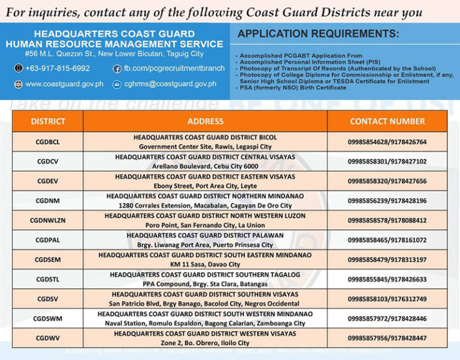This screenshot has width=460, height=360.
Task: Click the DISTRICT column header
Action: pyautogui.click(x=48, y=122)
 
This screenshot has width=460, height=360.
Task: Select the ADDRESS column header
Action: pyautogui.click(x=205, y=122)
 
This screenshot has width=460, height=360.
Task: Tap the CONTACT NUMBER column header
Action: pyautogui.click(x=387, y=122)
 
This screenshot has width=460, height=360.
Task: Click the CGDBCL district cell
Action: pyautogui.click(x=48, y=142)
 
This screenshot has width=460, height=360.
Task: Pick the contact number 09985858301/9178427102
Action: pyautogui.click(x=387, y=161)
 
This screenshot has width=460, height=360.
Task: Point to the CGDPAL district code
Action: pyautogui.click(x=48, y=240)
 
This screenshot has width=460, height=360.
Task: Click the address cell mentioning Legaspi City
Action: pyautogui.click(x=205, y=142)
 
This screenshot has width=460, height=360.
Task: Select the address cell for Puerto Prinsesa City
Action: pyautogui.click(x=205, y=240)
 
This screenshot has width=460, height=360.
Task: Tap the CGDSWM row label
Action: pyautogui.click(x=48, y=318)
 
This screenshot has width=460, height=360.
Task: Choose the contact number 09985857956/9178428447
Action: pyautogui.click(x=387, y=338)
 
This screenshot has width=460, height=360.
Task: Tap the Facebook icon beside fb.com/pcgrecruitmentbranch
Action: pyautogui.click(x=117, y=68)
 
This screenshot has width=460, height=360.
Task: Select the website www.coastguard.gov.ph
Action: pyautogui.click(x=64, y=84)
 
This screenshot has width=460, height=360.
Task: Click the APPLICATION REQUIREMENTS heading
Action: pyautogui.click(x=318, y=34)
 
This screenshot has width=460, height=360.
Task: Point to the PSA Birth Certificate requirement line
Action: pyautogui.click(x=293, y=88)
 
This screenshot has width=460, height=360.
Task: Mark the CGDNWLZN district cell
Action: pyautogui.click(x=48, y=220)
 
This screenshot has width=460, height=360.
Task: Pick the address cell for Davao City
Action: pyautogui.click(x=205, y=259)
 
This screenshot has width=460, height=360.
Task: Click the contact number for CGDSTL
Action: pyautogui.click(x=387, y=279)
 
